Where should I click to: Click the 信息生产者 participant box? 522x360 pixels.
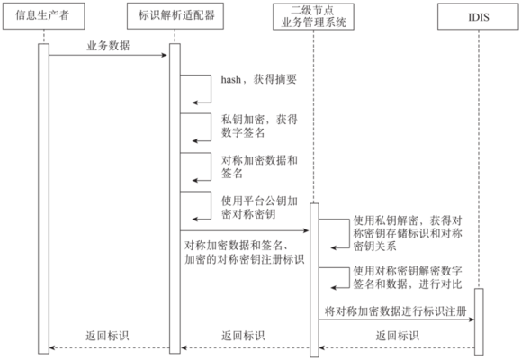tap(42, 15)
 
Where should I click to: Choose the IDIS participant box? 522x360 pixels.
tap(477, 15)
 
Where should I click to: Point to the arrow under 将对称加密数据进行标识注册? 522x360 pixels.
tap(396, 320)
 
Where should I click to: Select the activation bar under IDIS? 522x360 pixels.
tap(478, 320)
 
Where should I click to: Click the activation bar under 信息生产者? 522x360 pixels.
tap(42, 198)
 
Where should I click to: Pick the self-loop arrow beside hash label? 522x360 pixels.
tap(196, 85)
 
